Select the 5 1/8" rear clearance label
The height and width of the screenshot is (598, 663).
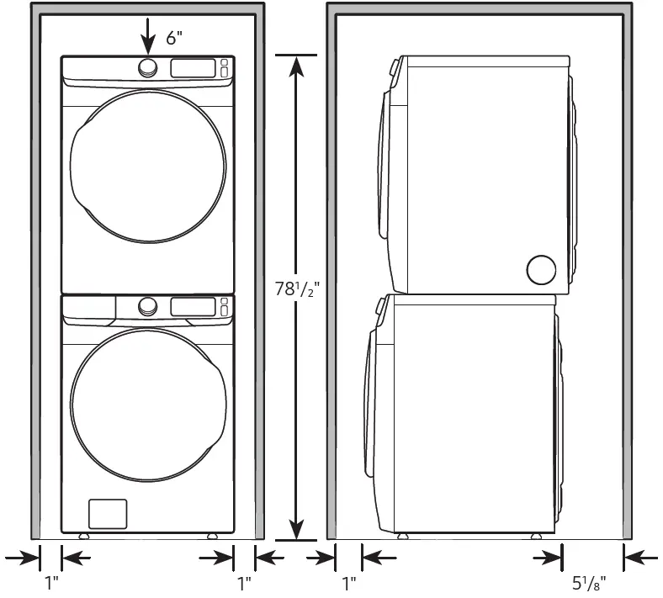[588, 581]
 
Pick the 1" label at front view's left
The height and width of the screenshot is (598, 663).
[51, 581]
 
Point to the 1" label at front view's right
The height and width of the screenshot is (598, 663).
[245, 581]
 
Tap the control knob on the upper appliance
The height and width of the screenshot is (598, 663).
[148, 68]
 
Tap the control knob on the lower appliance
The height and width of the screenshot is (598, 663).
[148, 306]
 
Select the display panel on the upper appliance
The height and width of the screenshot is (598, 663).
[193, 68]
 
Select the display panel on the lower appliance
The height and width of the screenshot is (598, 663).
[193, 306]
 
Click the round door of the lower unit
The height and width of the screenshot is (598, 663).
[148, 405]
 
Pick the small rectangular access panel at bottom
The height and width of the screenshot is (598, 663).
[108, 514]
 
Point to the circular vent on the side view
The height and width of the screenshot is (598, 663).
[541, 269]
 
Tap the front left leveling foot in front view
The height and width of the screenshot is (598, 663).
[83, 536]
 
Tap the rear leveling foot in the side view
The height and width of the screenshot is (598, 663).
[535, 536]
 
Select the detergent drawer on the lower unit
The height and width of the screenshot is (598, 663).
[89, 308]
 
